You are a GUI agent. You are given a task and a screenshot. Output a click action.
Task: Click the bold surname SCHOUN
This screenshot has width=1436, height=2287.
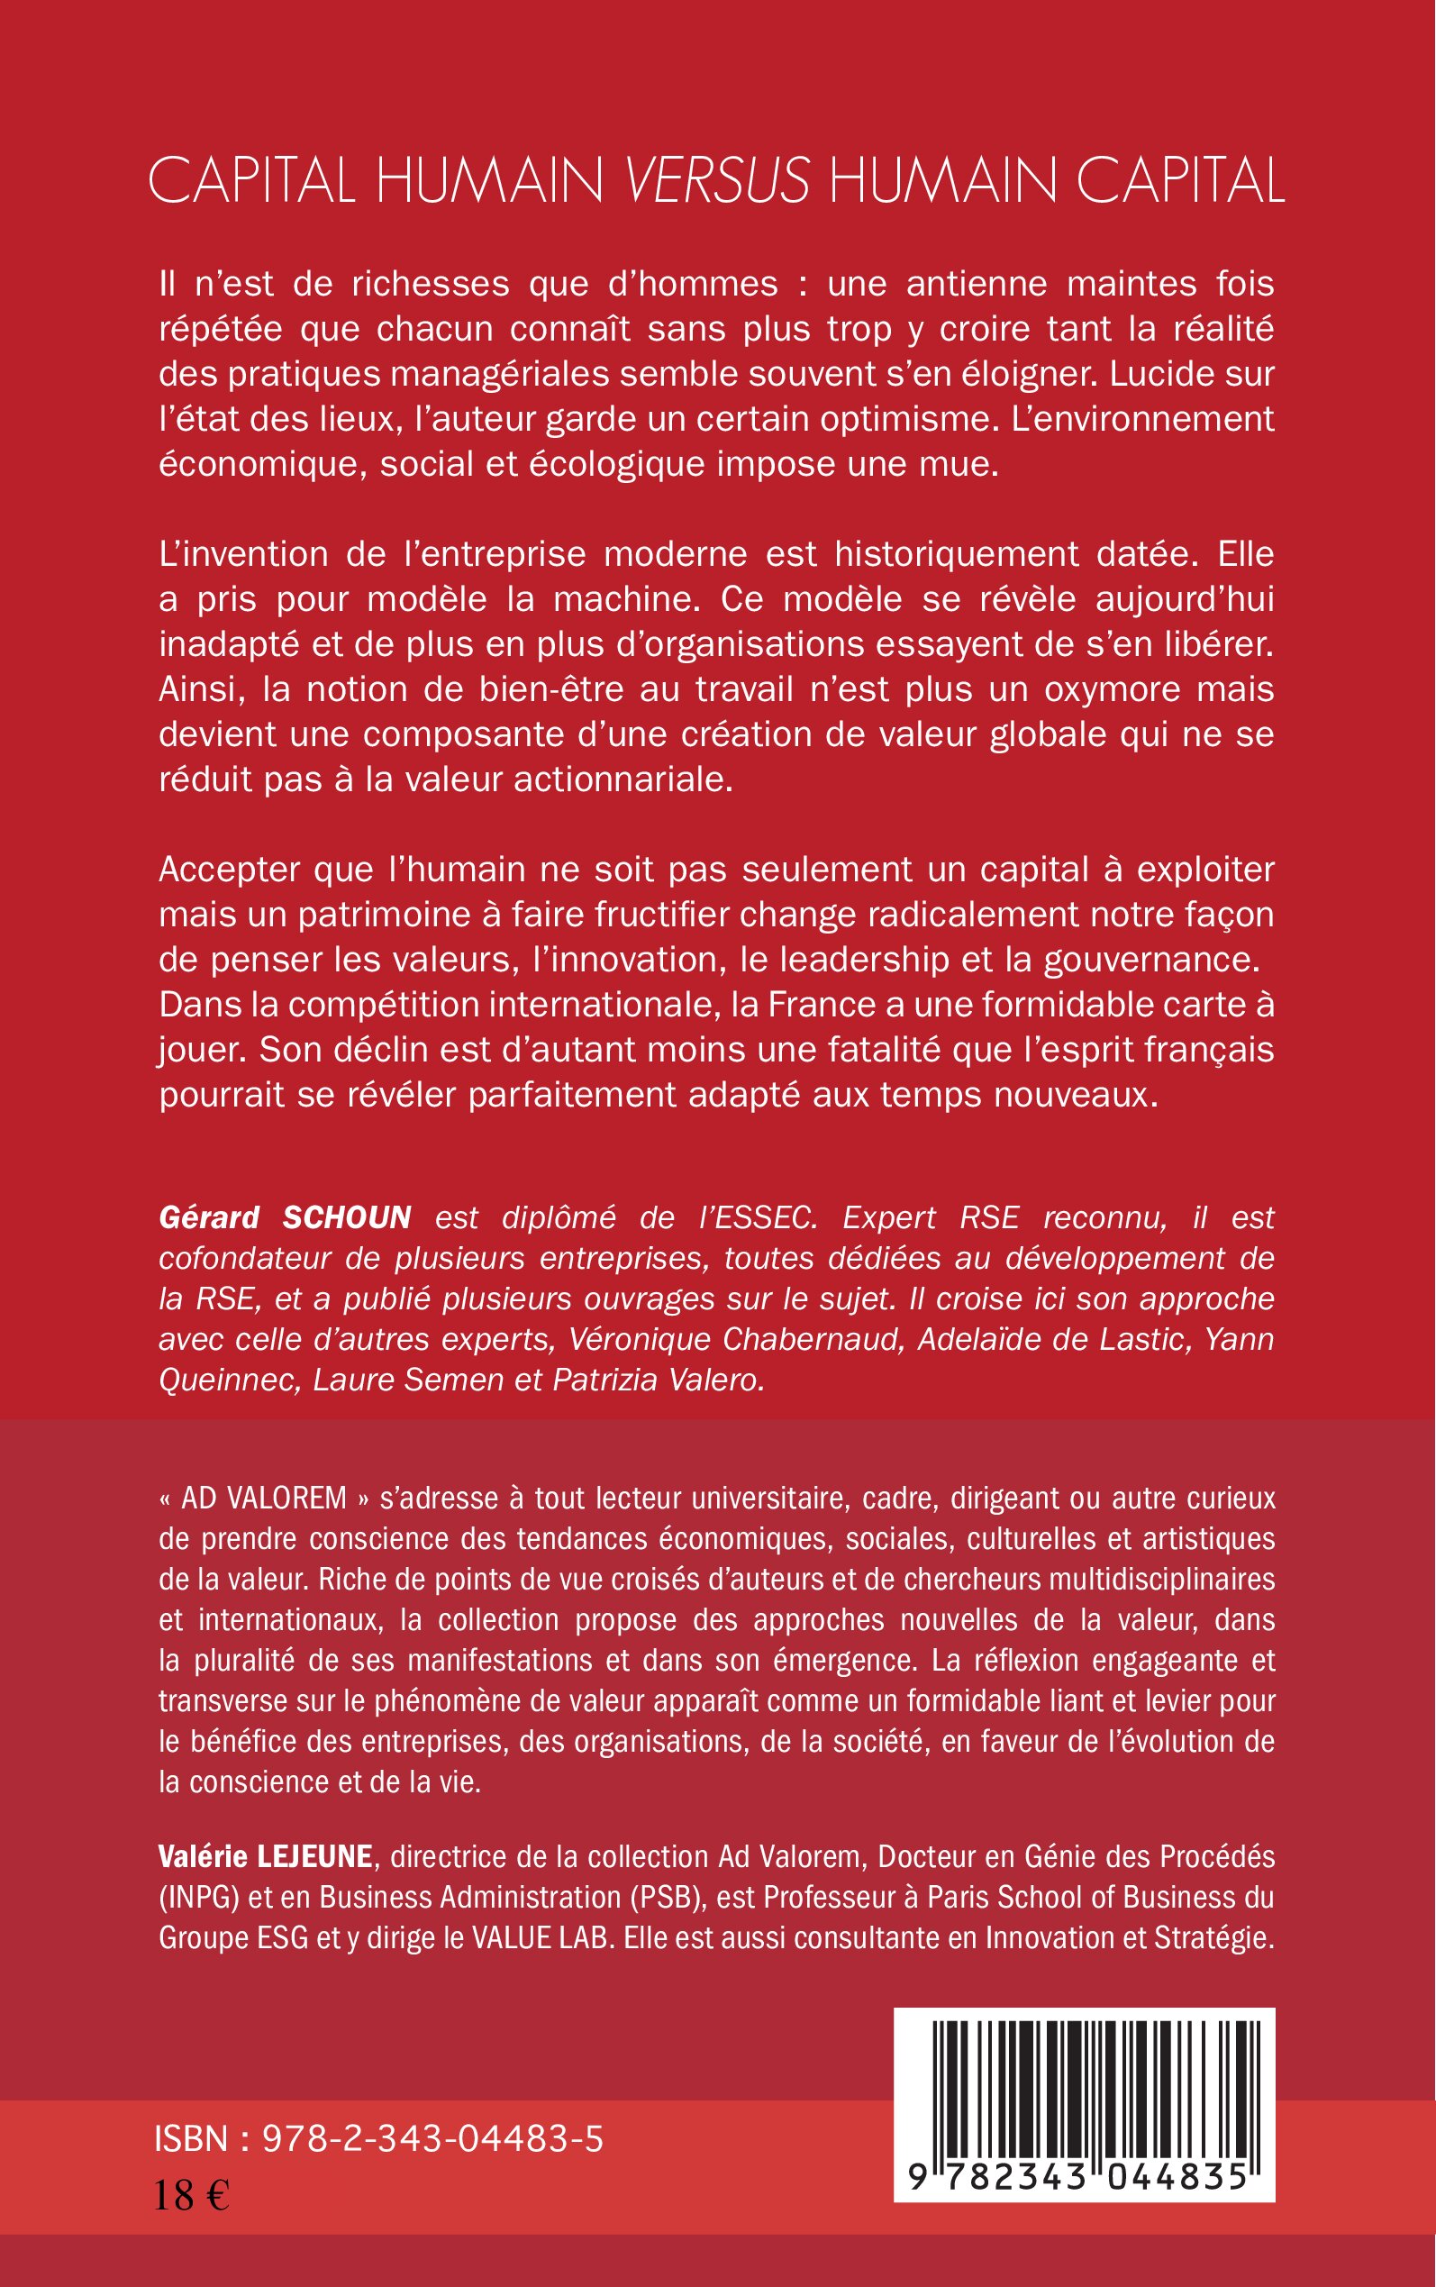[x=347, y=1217]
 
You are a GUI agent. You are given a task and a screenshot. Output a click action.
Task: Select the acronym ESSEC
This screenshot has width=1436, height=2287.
[x=763, y=1217]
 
